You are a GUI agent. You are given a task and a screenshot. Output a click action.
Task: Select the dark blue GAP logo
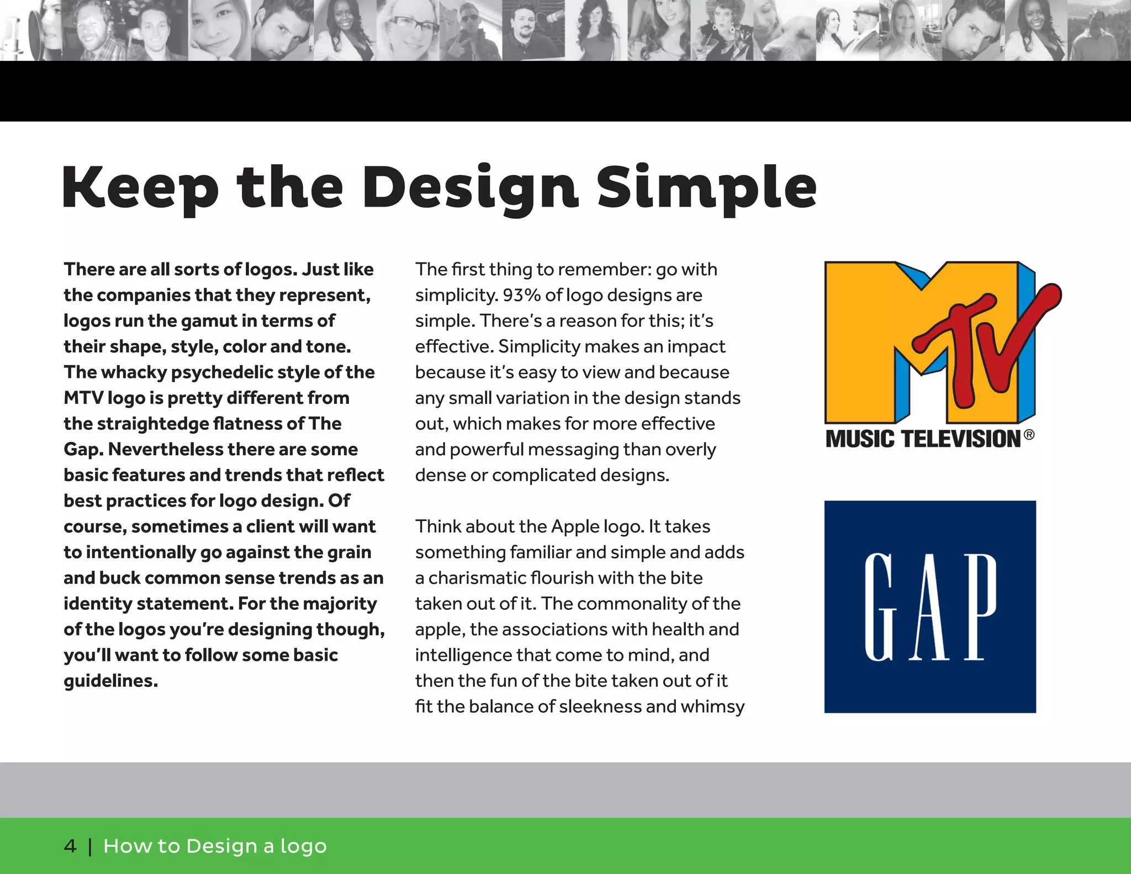tap(930, 607)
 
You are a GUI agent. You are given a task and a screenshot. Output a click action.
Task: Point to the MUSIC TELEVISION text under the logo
tap(923, 439)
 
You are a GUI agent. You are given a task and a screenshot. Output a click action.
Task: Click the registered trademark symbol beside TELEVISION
tap(1029, 435)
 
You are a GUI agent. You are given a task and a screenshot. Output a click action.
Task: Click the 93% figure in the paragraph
tap(521, 295)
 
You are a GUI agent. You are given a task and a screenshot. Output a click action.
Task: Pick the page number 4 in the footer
tap(70, 846)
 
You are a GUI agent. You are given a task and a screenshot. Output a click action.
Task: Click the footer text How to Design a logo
tap(215, 846)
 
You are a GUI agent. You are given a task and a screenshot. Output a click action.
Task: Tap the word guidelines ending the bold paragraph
tap(110, 681)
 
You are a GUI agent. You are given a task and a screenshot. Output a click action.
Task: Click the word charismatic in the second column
tap(476, 578)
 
